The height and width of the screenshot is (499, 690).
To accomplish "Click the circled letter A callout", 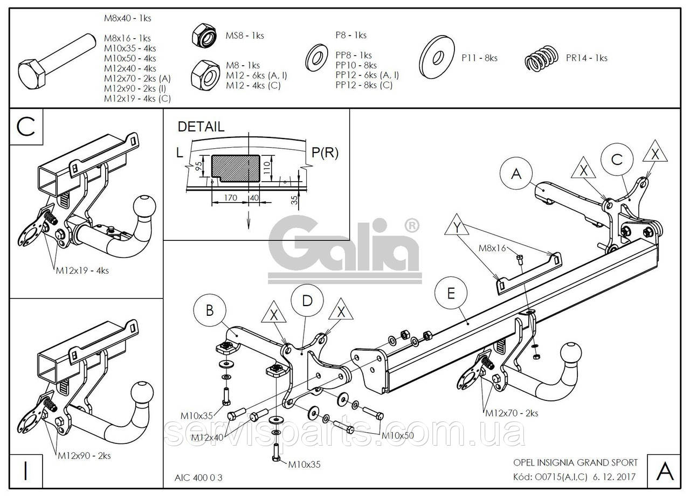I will (x=516, y=174).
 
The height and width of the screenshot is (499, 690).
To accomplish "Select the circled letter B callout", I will (x=209, y=310).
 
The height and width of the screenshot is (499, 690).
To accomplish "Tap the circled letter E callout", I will (x=451, y=293).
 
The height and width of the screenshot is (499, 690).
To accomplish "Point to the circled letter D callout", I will (x=307, y=301).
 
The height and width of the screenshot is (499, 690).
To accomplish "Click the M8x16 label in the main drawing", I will (x=492, y=248).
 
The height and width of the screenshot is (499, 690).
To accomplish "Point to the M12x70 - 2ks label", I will (x=512, y=413).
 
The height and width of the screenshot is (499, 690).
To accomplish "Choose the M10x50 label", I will (x=398, y=435).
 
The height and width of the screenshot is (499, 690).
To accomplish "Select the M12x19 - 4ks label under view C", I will (x=82, y=271).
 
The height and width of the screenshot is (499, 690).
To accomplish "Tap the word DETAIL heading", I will (x=201, y=127).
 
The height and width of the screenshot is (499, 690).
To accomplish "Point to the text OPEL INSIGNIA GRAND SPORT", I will (x=575, y=462).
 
